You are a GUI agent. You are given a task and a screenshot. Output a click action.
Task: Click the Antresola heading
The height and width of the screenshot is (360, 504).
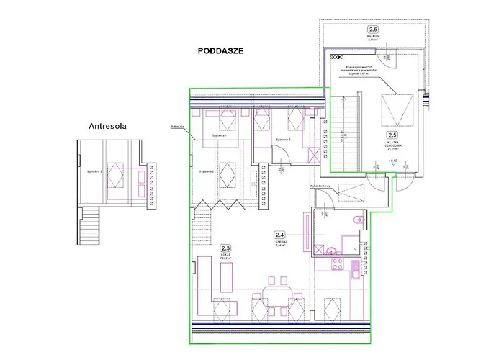point(107,126)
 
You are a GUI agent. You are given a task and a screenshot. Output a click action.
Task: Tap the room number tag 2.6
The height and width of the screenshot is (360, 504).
point(392,30)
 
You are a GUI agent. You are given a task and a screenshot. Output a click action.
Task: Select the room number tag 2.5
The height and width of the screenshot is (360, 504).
point(392,135)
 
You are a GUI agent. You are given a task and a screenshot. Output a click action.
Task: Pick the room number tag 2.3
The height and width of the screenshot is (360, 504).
point(226,248)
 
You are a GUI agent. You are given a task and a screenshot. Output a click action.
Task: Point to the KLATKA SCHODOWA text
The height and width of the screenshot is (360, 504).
point(392,145)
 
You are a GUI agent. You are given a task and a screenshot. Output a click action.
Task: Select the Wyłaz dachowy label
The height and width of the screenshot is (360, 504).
point(319,186)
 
